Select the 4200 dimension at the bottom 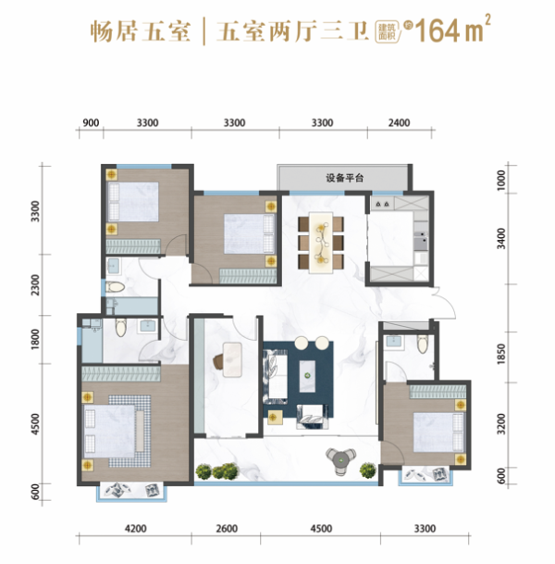point(135,531)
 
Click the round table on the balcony point(341,457)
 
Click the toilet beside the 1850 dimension point(422,345)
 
